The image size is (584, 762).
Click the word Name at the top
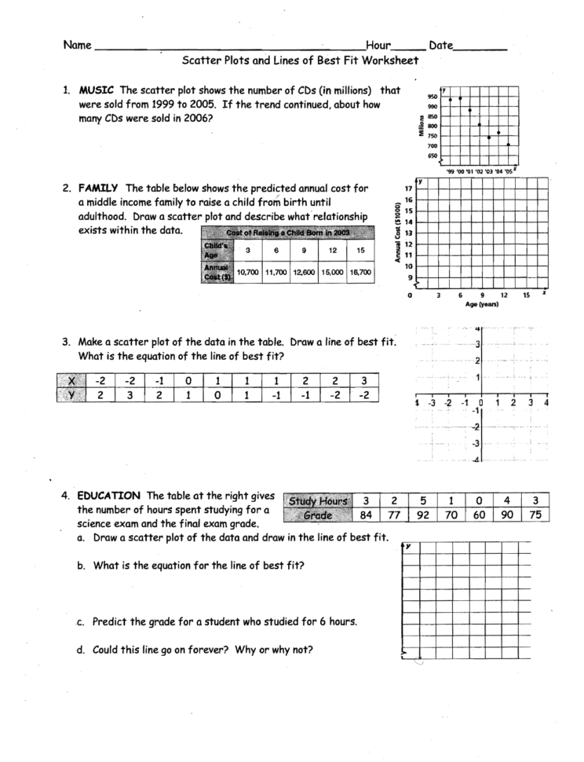click(x=78, y=46)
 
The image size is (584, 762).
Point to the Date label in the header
click(x=441, y=46)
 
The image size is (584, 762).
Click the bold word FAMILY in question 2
click(x=98, y=188)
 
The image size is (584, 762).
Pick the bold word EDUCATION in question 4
click(x=108, y=496)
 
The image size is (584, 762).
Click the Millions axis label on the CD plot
click(x=422, y=125)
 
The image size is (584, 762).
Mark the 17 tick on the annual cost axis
click(x=408, y=189)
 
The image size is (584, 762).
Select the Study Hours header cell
click(x=318, y=501)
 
